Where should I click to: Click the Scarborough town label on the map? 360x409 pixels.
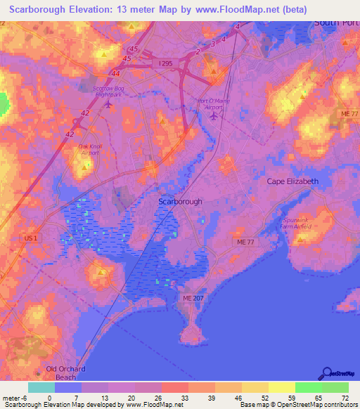coord(180,202)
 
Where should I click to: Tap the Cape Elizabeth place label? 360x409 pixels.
coord(292,181)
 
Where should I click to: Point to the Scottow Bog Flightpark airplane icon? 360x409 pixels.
coord(108,105)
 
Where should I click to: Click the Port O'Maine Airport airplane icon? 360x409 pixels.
coord(214,116)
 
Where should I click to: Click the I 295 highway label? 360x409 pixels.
coord(165,64)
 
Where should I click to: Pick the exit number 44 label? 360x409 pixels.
coord(115,72)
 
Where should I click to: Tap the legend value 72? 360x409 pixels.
coord(345,398)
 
